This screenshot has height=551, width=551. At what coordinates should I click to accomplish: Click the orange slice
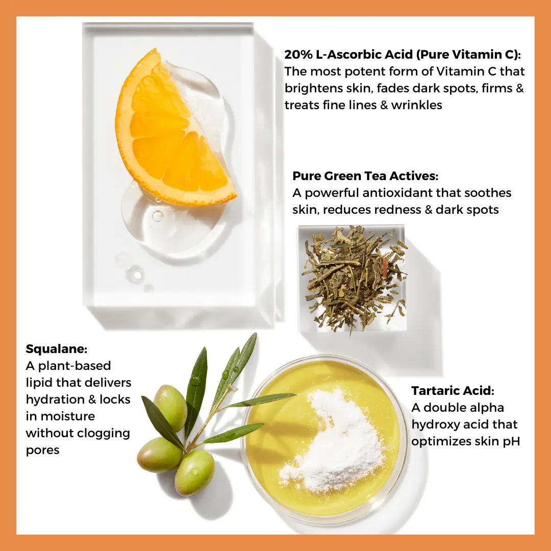tap(172, 134)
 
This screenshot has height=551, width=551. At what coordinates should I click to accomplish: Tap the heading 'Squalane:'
tap(56, 349)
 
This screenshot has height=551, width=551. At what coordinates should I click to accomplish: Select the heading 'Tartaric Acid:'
tap(453, 391)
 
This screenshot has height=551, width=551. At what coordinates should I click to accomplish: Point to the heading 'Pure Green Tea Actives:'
tap(365, 176)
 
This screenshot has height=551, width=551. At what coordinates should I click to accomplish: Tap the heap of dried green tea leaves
tap(355, 278)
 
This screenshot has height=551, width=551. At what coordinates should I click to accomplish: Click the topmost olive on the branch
tap(171, 407)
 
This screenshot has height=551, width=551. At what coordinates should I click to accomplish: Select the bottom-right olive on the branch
tap(195, 472)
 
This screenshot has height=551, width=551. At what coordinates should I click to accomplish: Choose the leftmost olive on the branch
tap(160, 455)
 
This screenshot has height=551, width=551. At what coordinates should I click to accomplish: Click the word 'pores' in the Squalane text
tap(42, 450)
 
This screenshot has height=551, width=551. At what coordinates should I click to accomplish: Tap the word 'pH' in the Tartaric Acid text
tap(511, 442)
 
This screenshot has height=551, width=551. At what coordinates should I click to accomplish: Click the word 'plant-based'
tap(74, 366)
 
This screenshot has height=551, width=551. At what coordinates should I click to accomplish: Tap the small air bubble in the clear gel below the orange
tap(158, 216)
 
